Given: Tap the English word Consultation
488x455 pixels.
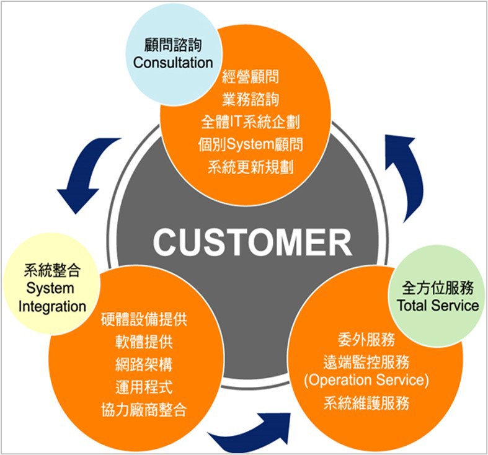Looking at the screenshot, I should [x=173, y=63].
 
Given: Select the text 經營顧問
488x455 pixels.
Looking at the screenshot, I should [x=250, y=77].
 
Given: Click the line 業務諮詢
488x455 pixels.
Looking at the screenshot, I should [x=250, y=99].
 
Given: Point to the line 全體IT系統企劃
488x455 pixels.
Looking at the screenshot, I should [x=250, y=121].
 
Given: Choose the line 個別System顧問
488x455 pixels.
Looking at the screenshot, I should [x=250, y=144].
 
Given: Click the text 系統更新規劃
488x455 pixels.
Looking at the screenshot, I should [x=250, y=167].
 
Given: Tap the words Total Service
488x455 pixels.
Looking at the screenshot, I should [x=438, y=305].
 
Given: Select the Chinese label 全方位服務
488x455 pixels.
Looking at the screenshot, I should [x=438, y=288].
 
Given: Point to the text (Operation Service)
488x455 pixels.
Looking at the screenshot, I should [x=366, y=379].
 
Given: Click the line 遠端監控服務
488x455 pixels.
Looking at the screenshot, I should [x=366, y=360].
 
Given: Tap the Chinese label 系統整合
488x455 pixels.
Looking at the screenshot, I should [x=52, y=272].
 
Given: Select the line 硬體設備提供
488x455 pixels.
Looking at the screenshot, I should [x=144, y=320].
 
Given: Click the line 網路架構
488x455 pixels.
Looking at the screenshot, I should [x=144, y=364].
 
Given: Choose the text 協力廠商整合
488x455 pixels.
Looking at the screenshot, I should [x=144, y=410].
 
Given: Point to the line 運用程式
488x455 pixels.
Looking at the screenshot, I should [x=144, y=387].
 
